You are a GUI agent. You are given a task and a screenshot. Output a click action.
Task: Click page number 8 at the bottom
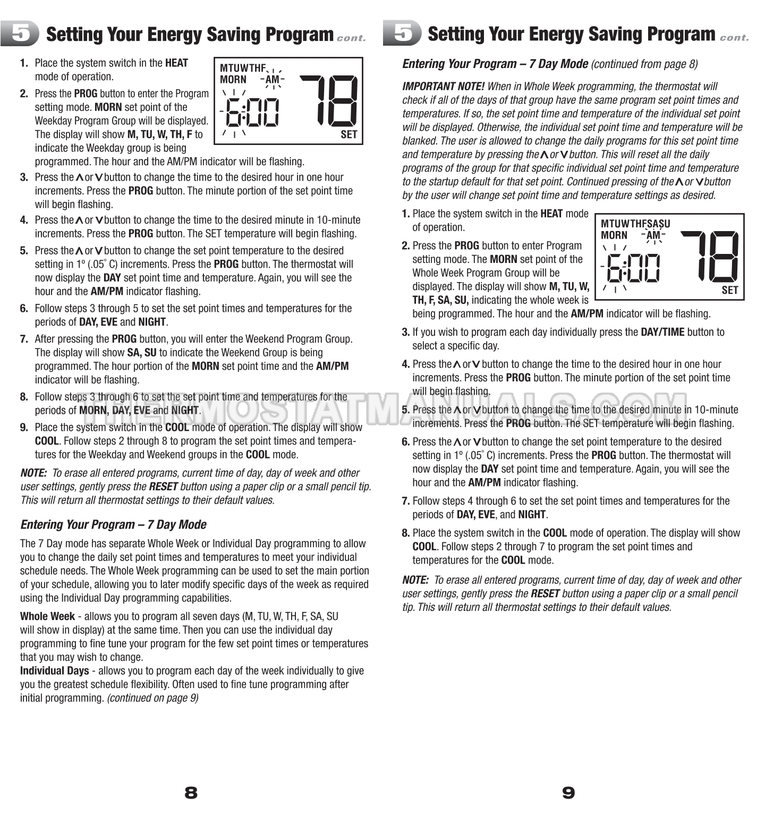pyautogui.click(x=191, y=793)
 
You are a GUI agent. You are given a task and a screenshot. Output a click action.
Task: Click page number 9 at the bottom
pyautogui.click(x=568, y=793)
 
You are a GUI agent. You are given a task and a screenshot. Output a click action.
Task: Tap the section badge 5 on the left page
pyautogui.click(x=20, y=33)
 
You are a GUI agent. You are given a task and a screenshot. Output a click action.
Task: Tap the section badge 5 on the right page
pyautogui.click(x=402, y=33)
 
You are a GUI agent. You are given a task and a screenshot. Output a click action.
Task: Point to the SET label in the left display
pyautogui.click(x=349, y=134)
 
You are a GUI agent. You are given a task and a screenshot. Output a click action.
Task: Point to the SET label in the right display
pyautogui.click(x=730, y=290)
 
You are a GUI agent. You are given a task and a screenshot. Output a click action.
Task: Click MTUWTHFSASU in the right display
pyautogui.click(x=635, y=224)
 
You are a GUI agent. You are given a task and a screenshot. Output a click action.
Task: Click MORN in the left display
pyautogui.click(x=233, y=80)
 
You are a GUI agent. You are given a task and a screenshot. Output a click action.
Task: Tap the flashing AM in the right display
pyautogui.click(x=653, y=235)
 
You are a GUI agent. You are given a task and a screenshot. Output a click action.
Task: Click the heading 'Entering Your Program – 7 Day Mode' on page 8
pyautogui.click(x=113, y=525)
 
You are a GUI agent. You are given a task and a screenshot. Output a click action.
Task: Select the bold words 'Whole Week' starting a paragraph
pyautogui.click(x=47, y=617)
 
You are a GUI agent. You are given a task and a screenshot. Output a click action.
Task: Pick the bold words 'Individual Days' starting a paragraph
pyautogui.click(x=55, y=671)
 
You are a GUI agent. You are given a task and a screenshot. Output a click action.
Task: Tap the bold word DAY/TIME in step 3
pyautogui.click(x=662, y=332)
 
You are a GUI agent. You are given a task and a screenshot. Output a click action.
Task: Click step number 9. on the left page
pyautogui.click(x=24, y=428)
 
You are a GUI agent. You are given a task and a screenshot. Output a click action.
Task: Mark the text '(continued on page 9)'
pyautogui.click(x=153, y=698)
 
